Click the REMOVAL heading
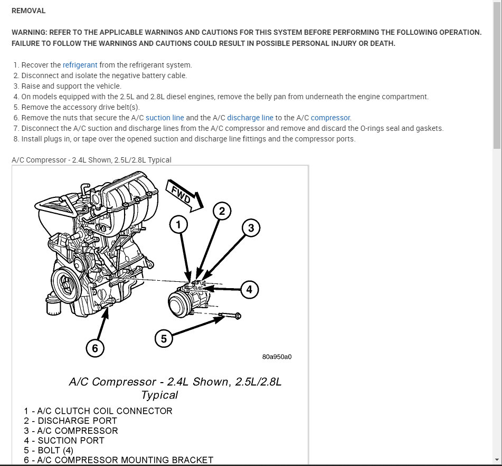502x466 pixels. pos(29,11)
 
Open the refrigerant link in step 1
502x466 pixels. pos(80,65)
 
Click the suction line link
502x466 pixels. pos(165,118)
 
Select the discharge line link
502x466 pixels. pos(250,118)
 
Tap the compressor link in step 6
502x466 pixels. pos(330,118)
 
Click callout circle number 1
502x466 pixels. pos(179,225)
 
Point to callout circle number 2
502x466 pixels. pos(222,212)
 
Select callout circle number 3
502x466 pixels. pos(251,228)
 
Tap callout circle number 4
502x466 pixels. pos(250,289)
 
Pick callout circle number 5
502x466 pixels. pos(164,338)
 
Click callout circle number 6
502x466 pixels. pos(95,348)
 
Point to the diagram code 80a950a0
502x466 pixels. pos(277,356)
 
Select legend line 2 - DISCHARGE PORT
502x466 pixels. pos(70,421)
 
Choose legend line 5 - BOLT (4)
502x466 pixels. pos(49,450)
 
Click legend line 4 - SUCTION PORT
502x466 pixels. pos(64,440)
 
